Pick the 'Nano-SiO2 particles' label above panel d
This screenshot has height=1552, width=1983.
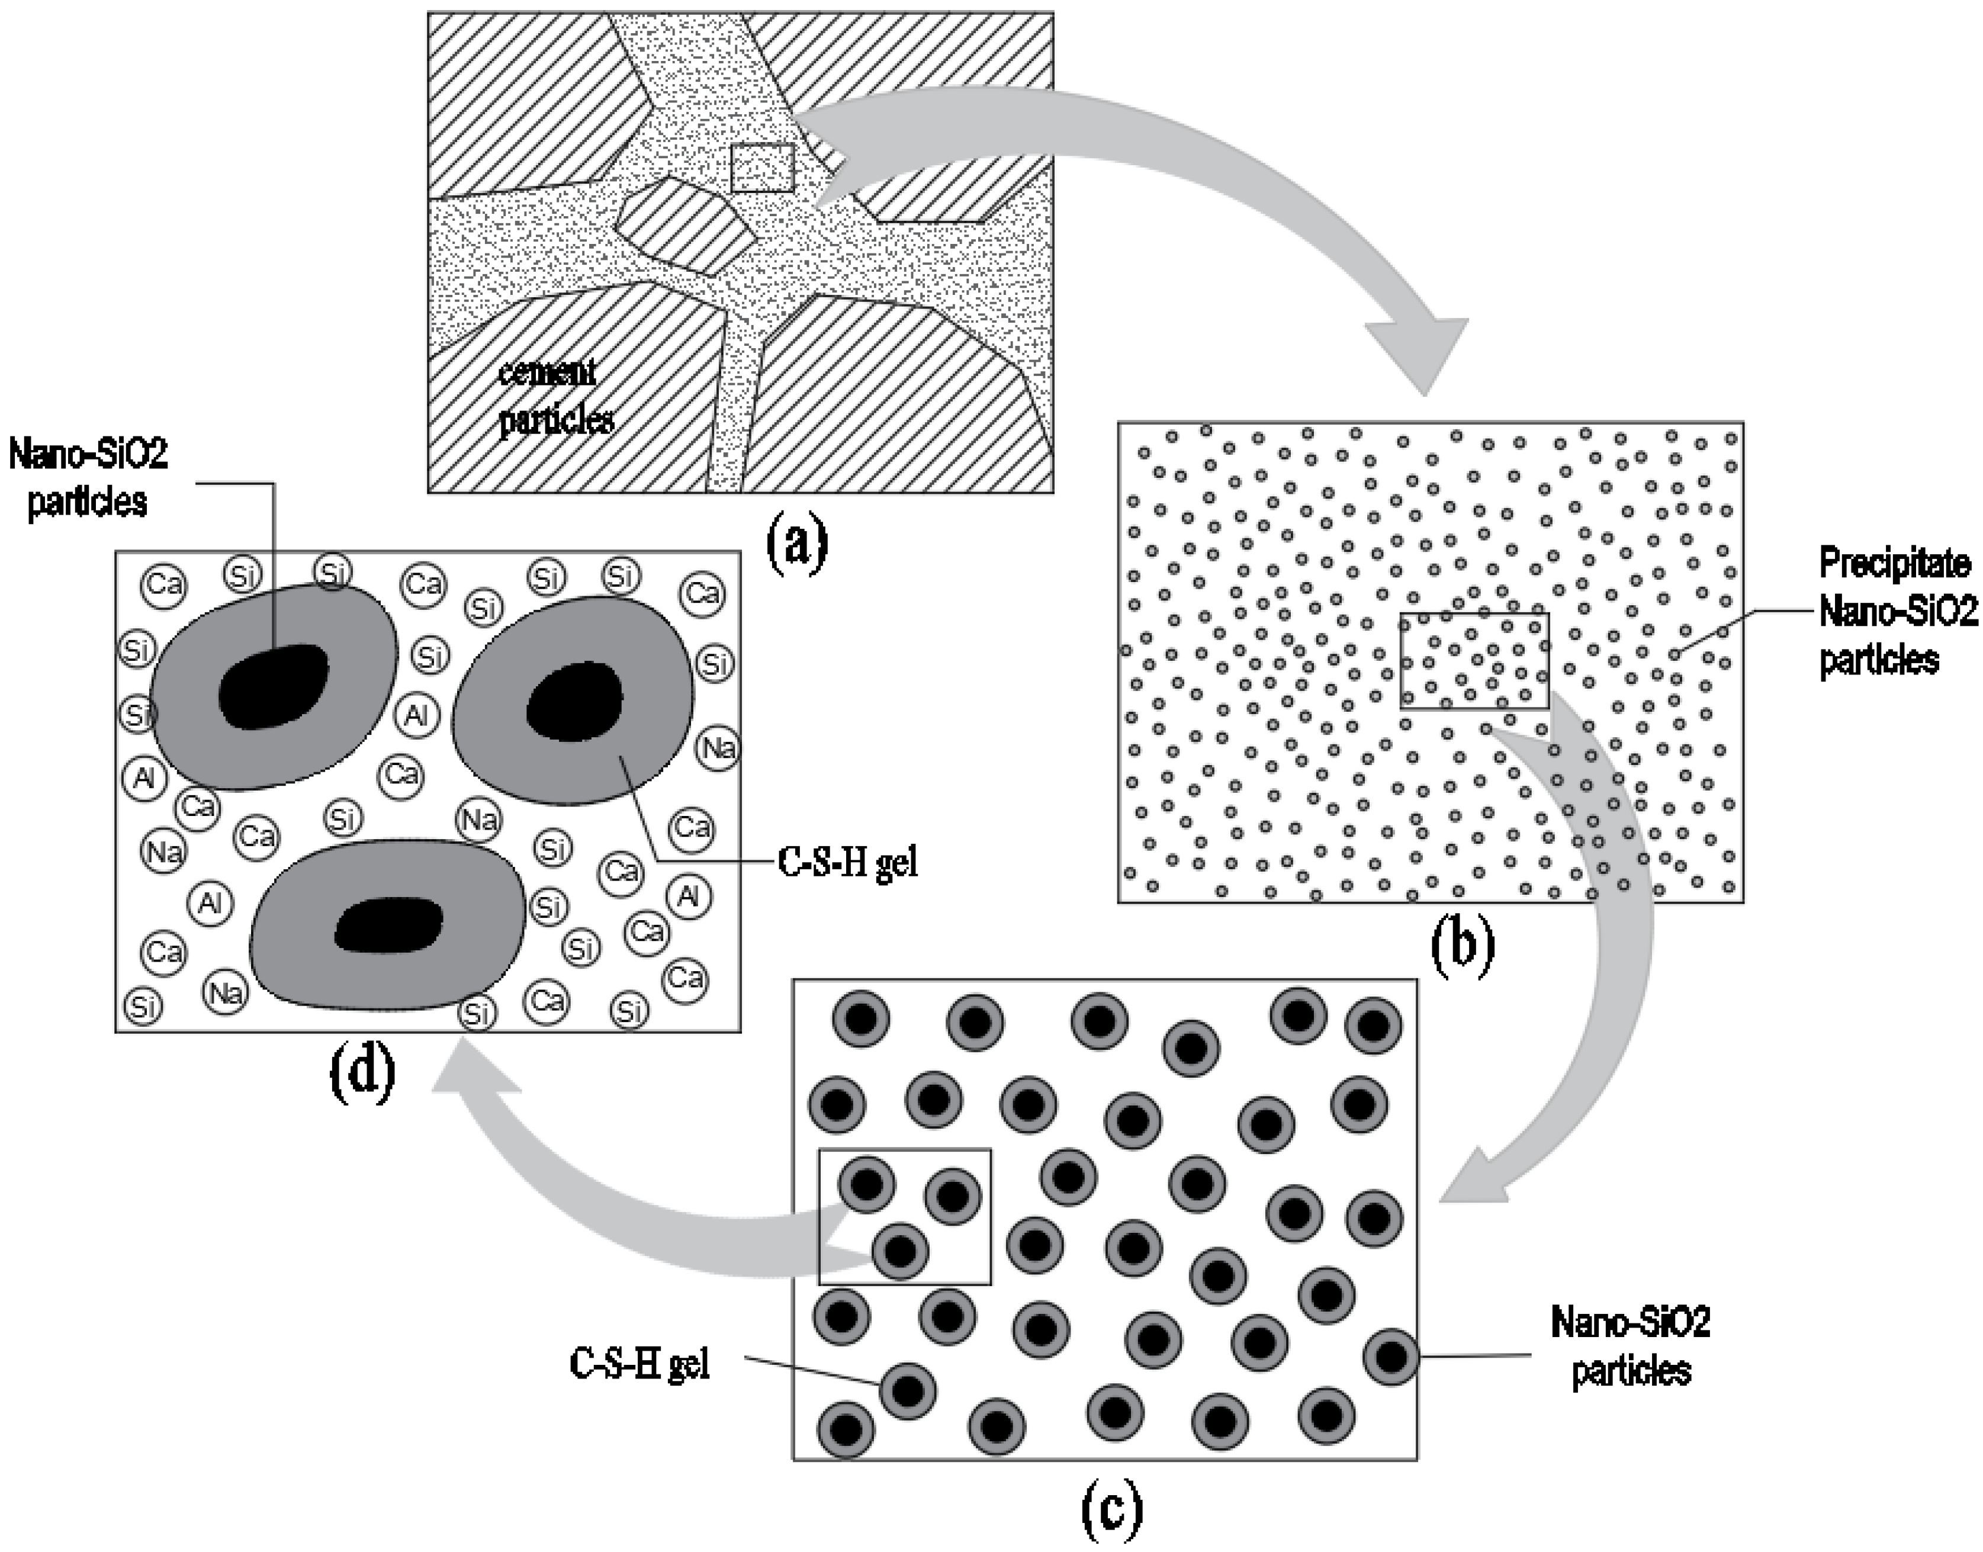88,478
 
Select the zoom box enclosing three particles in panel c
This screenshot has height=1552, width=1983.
905,1217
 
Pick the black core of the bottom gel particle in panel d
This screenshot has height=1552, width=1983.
389,925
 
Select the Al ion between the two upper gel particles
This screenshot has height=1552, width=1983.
416,716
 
